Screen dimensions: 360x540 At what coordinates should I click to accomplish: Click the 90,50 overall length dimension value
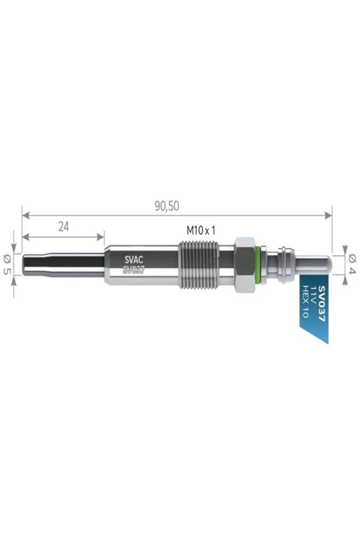(x=167, y=206)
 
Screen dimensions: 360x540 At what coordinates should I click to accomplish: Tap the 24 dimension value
(x=64, y=227)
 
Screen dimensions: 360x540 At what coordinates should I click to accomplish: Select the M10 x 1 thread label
(x=201, y=230)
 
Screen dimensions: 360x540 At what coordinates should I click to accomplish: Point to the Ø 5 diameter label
(x=7, y=264)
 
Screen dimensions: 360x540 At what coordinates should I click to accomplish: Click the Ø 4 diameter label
(x=351, y=264)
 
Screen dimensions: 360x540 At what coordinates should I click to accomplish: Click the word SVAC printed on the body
(x=134, y=260)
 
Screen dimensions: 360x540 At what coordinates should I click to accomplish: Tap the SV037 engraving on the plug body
(x=134, y=271)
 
